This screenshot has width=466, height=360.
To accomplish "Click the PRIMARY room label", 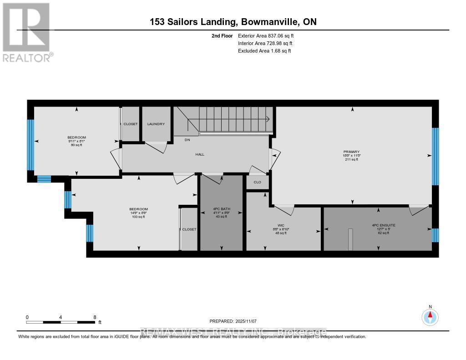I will click(352, 152).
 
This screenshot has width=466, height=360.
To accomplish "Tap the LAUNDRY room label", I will click(156, 124).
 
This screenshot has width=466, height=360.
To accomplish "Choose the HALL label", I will click(200, 154).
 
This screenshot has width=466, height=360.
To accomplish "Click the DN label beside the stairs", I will click(187, 140).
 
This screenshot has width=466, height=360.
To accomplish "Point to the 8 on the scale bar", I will click(95, 317).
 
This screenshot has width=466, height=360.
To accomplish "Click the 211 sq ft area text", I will click(352, 159).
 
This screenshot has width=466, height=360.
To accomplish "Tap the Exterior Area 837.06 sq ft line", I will click(269, 35).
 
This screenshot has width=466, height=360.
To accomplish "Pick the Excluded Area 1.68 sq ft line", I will click(264, 51).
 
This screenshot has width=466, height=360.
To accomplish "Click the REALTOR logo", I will click(27, 32).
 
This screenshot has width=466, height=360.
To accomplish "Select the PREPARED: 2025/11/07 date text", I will click(233, 321).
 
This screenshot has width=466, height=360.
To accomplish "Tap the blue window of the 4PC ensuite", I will click(435, 235).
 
